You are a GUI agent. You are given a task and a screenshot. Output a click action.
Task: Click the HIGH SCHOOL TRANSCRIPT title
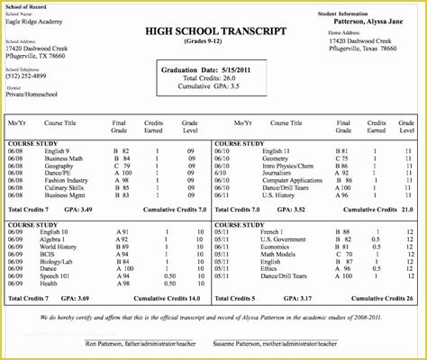(213, 31)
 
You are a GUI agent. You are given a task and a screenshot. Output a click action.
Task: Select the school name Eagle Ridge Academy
(32, 24)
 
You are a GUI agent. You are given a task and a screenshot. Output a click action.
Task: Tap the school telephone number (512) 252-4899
(27, 76)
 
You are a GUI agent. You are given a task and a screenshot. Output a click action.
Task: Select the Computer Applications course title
(287, 179)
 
